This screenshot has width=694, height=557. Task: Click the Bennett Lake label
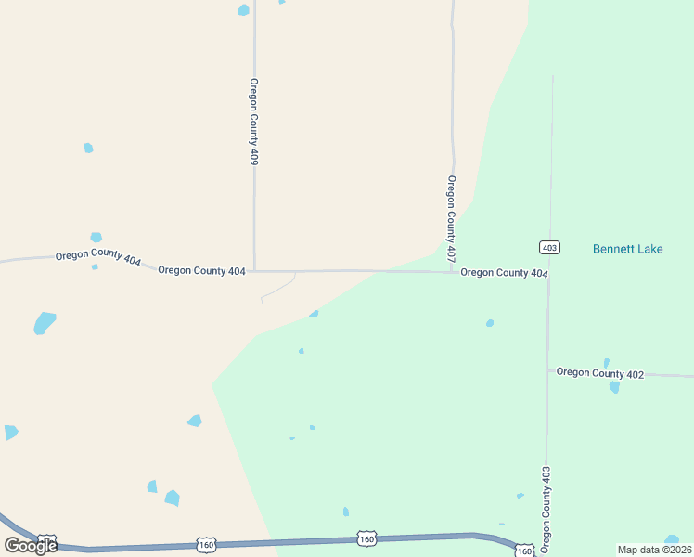click(x=627, y=249)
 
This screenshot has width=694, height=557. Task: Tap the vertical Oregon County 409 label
click(x=253, y=122)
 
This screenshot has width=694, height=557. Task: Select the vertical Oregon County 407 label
click(x=452, y=218)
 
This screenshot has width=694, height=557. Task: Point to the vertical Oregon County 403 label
click(x=546, y=510)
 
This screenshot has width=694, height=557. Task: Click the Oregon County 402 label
click(x=600, y=373)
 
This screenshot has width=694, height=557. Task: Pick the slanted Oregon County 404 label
click(x=97, y=258)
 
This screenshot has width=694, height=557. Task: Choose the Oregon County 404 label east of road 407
click(x=504, y=273)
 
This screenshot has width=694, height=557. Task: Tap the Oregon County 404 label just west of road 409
click(x=201, y=271)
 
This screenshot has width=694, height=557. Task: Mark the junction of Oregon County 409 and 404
click(x=254, y=271)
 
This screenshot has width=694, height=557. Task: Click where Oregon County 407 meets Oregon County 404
click(x=452, y=272)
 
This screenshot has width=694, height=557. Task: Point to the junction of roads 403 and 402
click(x=547, y=371)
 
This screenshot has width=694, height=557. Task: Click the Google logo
click(x=31, y=545)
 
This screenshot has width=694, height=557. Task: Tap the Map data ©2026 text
click(x=654, y=550)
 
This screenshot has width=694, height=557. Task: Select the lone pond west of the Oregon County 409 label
click(x=88, y=148)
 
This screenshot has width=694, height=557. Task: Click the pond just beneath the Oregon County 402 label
click(x=614, y=387)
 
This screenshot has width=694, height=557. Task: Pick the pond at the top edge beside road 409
click(x=243, y=10)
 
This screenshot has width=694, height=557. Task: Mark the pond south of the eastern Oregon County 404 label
click(x=490, y=323)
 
